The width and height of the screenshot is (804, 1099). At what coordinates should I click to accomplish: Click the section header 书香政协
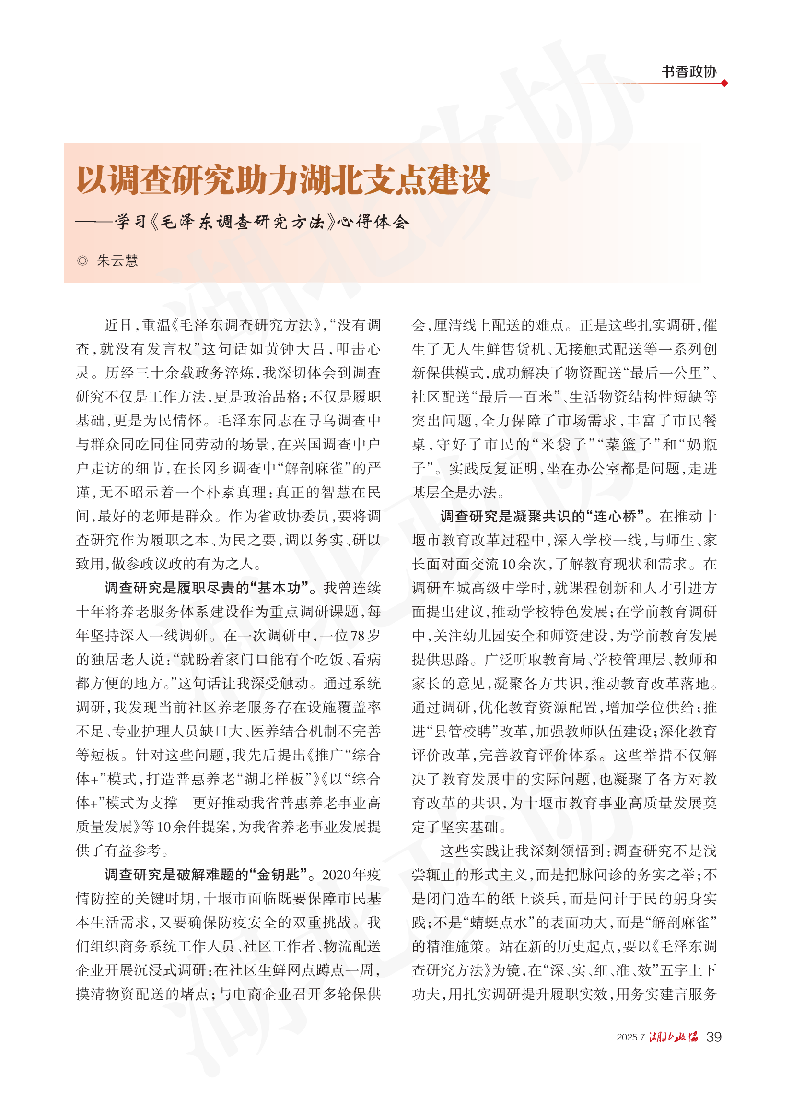pos(688,71)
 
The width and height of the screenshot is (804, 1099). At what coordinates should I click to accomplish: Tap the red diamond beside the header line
pos(724,83)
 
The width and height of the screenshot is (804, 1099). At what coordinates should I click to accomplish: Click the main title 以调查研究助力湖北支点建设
pos(283,180)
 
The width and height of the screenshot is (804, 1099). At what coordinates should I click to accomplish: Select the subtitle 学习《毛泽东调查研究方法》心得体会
pos(262,222)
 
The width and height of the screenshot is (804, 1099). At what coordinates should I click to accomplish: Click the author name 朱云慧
pos(117,261)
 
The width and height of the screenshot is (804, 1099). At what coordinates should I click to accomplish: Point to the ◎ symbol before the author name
pos(82,261)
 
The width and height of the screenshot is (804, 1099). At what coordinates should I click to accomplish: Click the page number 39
pos(713,1037)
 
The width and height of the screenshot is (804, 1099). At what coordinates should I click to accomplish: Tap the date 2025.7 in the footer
pos(630,1037)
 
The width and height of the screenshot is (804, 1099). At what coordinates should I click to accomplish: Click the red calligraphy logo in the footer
pos(674,1037)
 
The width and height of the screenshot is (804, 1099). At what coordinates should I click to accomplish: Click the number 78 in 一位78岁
pos(357,636)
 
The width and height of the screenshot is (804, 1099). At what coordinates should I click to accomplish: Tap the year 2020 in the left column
pos(336,874)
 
